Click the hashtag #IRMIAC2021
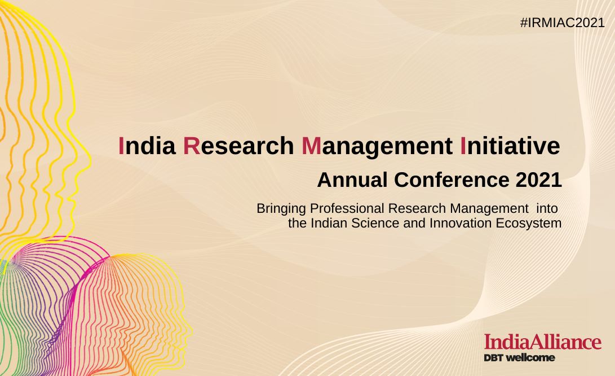pos(563,23)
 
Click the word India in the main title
pos(147,146)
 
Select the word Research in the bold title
pos(238,146)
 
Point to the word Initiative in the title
pos(510,146)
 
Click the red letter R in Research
pos(192,146)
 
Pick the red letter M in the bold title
pos(311,146)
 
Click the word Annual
pos(352,180)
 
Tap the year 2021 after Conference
pos(539,180)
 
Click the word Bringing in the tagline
pos(281,209)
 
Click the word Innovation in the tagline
pos(461,223)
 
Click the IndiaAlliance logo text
pos(543,342)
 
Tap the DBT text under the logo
pos(493,357)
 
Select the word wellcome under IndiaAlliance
pos(530,357)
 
